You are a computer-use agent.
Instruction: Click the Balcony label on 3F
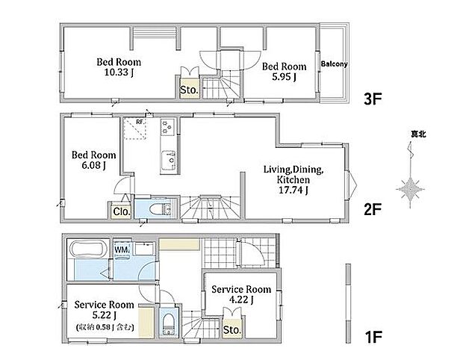(x=335, y=64)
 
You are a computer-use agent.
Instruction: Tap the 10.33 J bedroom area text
(x=119, y=72)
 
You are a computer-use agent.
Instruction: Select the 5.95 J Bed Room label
(x=284, y=72)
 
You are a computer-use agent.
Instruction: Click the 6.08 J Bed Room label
(x=93, y=160)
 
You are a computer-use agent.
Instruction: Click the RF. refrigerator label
(x=140, y=122)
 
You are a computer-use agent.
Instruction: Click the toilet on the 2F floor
(x=160, y=210)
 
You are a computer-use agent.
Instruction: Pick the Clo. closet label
(x=122, y=211)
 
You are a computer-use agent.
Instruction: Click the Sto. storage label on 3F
(x=189, y=90)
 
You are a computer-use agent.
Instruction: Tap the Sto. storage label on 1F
(x=232, y=330)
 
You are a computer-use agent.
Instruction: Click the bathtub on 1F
(x=87, y=250)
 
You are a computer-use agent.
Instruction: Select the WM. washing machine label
(x=122, y=250)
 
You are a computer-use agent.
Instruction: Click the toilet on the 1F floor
(x=168, y=323)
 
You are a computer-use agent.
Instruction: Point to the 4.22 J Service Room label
(x=241, y=294)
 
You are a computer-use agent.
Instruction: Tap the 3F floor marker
(x=373, y=99)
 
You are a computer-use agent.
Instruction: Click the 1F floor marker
(x=373, y=337)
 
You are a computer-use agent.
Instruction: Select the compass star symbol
(x=411, y=189)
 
